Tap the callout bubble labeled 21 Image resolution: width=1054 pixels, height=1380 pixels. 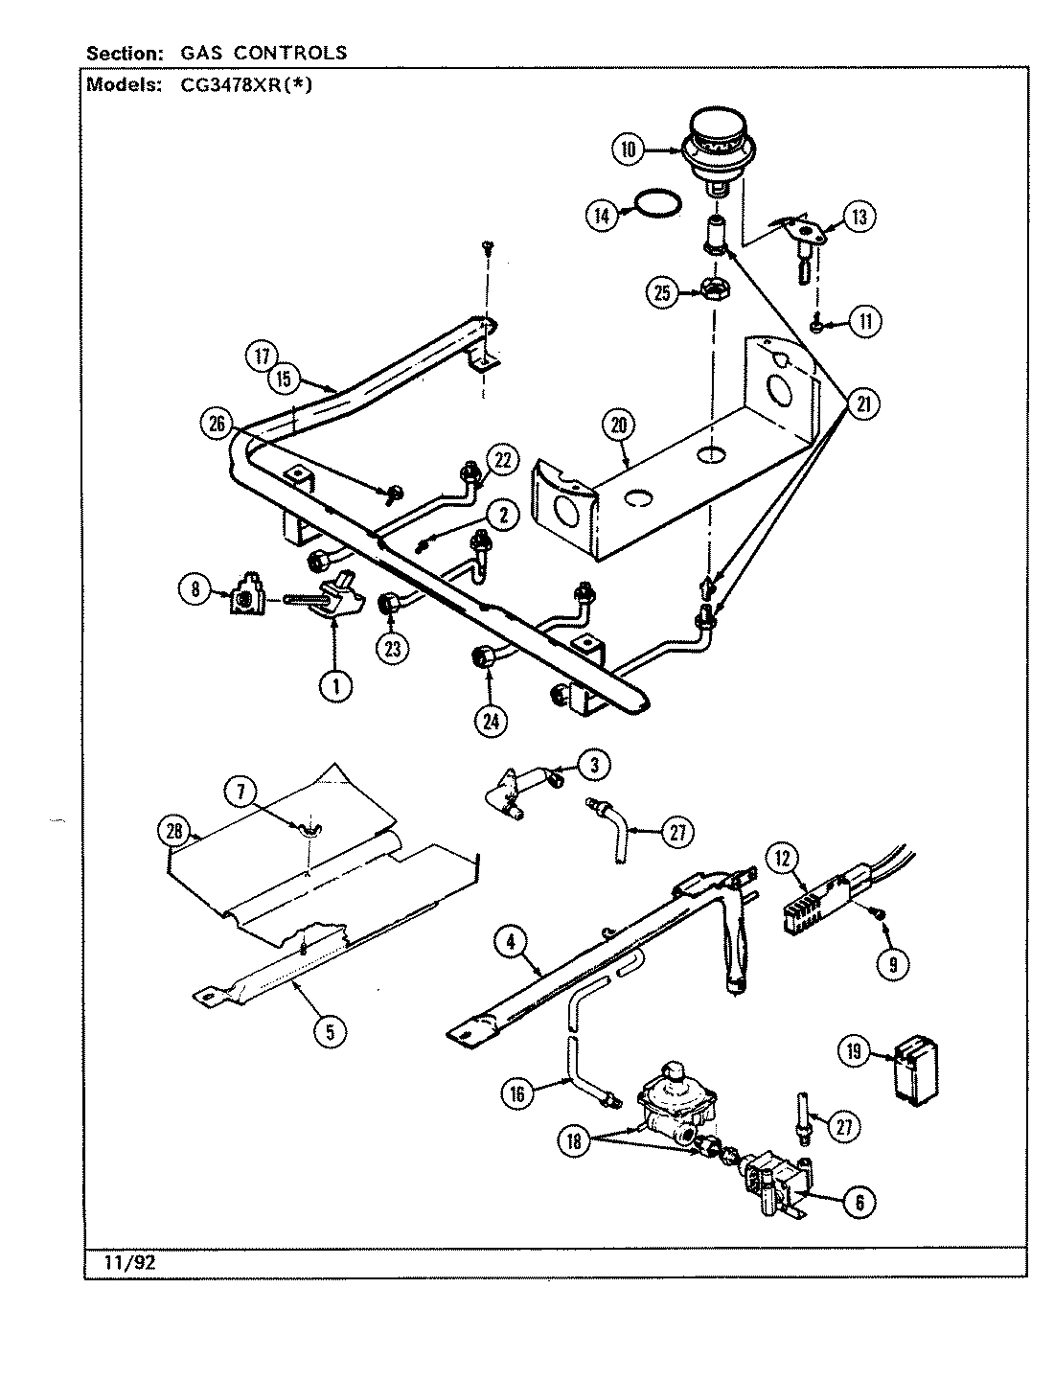pyautogui.click(x=863, y=405)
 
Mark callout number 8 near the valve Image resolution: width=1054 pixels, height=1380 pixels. pyautogui.click(x=195, y=591)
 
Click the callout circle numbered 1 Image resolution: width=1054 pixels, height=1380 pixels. pyautogui.click(x=334, y=685)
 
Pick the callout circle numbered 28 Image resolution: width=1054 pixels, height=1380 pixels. pyautogui.click(x=174, y=831)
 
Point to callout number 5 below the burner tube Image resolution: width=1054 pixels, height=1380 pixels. pyautogui.click(x=330, y=1031)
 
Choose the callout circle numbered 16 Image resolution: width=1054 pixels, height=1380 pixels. pyautogui.click(x=517, y=1093)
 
